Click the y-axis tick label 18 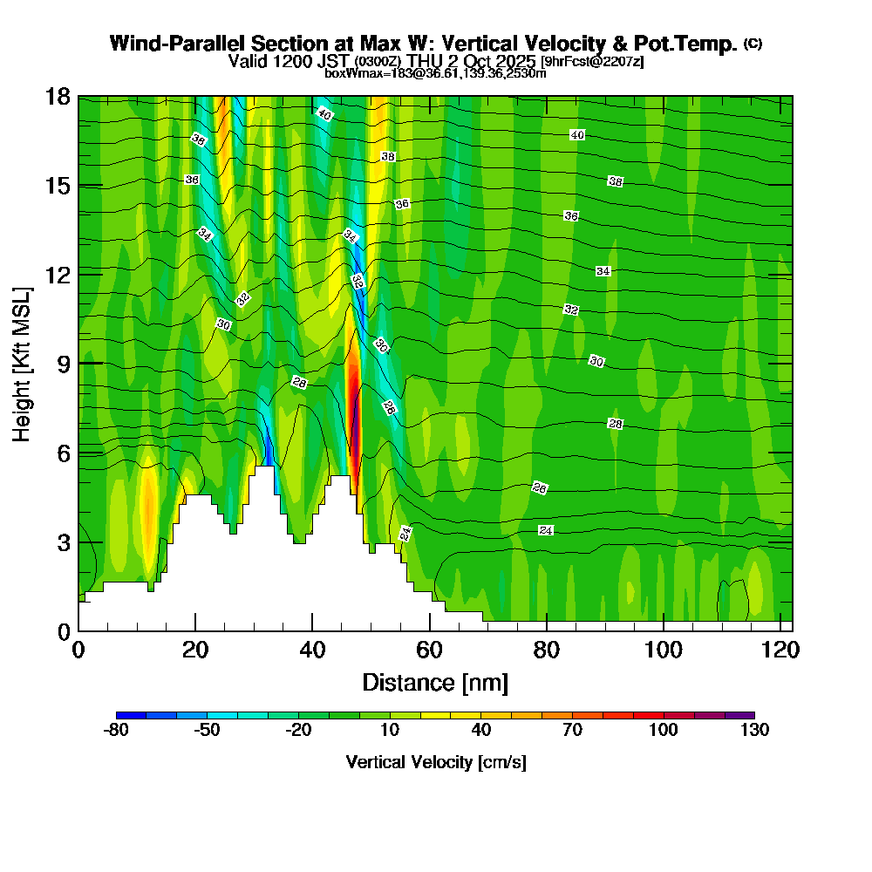click(x=58, y=96)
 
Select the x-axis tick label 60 click(x=429, y=650)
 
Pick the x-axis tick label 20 click(x=195, y=650)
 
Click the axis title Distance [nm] click(x=435, y=681)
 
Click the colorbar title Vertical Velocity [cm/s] click(x=435, y=762)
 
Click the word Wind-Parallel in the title click(x=170, y=44)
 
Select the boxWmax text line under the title click(x=435, y=73)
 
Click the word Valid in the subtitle click(x=248, y=61)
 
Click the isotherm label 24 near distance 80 click(x=546, y=530)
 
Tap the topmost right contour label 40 click(x=576, y=134)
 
